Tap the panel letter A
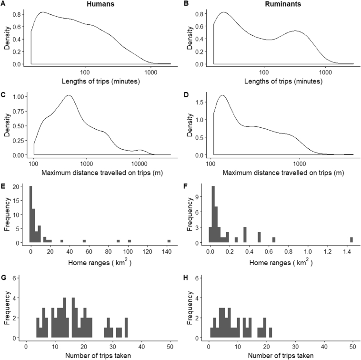coord(4,4)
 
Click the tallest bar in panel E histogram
coord(30,215)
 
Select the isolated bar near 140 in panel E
coord(169,241)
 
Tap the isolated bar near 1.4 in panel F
coord(351,240)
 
